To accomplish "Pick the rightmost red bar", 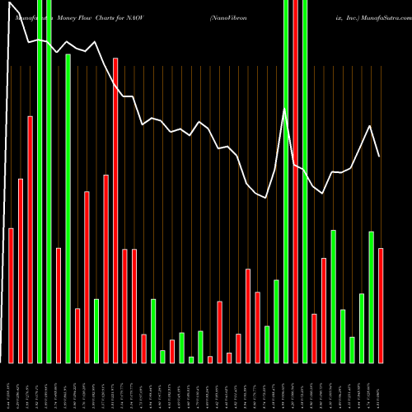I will (x=381, y=305).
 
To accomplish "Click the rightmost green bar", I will (x=371, y=297).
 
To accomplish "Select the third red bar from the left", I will (x=30, y=239).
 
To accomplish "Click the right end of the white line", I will (x=379, y=157).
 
